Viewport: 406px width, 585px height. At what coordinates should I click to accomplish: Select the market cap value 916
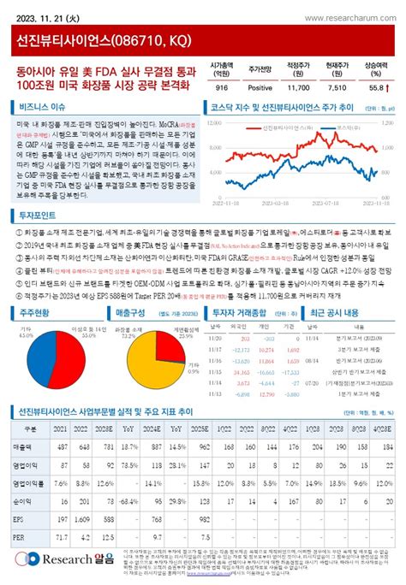pyautogui.click(x=222, y=87)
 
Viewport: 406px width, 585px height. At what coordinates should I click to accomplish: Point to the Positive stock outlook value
pyautogui.click(x=260, y=87)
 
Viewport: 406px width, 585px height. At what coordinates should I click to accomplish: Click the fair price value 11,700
pyautogui.click(x=298, y=87)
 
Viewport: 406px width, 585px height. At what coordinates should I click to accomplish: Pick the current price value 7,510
pyautogui.click(x=337, y=87)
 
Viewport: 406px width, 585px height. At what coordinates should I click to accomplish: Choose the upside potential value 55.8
pyautogui.click(x=374, y=87)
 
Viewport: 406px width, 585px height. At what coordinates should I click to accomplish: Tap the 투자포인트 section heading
pyautogui.click(x=39, y=217)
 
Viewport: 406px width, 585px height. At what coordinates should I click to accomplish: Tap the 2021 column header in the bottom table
pyautogui.click(x=60, y=429)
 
